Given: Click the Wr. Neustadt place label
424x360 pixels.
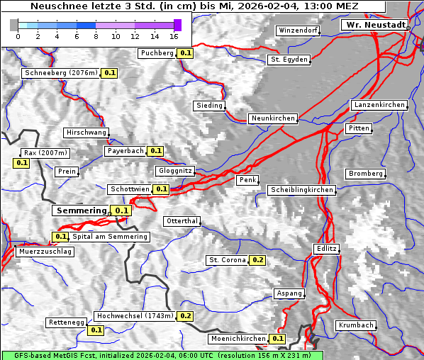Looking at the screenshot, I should coord(374,25).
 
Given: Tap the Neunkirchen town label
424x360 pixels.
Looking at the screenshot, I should coord(272,118).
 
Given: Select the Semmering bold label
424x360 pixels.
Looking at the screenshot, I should coord(81,210).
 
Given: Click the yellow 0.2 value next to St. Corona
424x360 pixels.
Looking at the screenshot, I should coord(257,260).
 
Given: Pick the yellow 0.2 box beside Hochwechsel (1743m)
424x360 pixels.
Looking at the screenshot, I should coord(186,316).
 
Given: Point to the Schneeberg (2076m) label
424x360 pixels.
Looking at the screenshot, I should coord(60,72).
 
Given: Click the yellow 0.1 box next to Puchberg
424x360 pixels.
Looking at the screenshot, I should coord(186,53).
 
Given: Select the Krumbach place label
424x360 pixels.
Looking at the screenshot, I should coord(355,325).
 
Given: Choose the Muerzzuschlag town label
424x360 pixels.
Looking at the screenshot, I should coord(45,252).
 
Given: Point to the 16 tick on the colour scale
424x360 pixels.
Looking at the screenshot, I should coord(174,36).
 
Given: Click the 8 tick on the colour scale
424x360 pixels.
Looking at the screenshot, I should coord(96,36).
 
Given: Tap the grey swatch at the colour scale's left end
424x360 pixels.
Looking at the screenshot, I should coord(14,25).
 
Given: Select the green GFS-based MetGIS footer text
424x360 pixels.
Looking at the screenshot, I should coord(162,354).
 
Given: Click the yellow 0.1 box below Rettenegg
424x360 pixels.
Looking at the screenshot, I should coord(96,330).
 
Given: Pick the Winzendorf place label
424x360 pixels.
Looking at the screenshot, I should coord(297,30).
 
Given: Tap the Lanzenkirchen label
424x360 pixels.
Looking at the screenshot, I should coord(379,105).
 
